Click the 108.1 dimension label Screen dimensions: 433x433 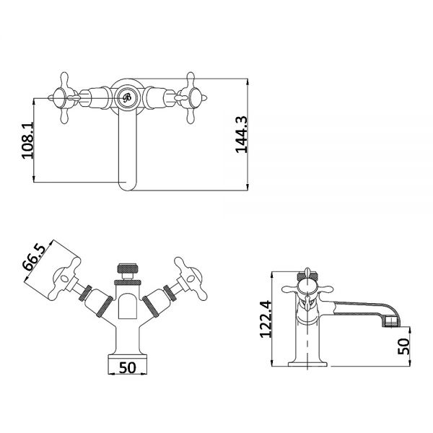[x=28, y=140]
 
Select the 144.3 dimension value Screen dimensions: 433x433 [x=242, y=134]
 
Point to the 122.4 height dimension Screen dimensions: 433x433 [x=266, y=319]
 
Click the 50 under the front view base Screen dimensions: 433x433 [x=128, y=368]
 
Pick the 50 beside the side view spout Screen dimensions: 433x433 [x=403, y=346]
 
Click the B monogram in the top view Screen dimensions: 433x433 [x=127, y=97]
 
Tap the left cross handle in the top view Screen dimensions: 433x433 [x=64, y=97]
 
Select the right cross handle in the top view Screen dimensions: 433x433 [x=191, y=97]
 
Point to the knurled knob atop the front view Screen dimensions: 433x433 [x=127, y=268]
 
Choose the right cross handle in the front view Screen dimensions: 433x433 [x=190, y=279]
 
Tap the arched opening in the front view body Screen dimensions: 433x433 [x=127, y=306]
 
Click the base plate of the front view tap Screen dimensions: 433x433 [x=127, y=357]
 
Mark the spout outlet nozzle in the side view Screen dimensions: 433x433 [x=392, y=322]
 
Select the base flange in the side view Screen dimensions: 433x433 [x=307, y=364]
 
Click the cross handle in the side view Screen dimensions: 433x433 [x=307, y=289]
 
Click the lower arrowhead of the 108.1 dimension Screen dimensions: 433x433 [x=34, y=179]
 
